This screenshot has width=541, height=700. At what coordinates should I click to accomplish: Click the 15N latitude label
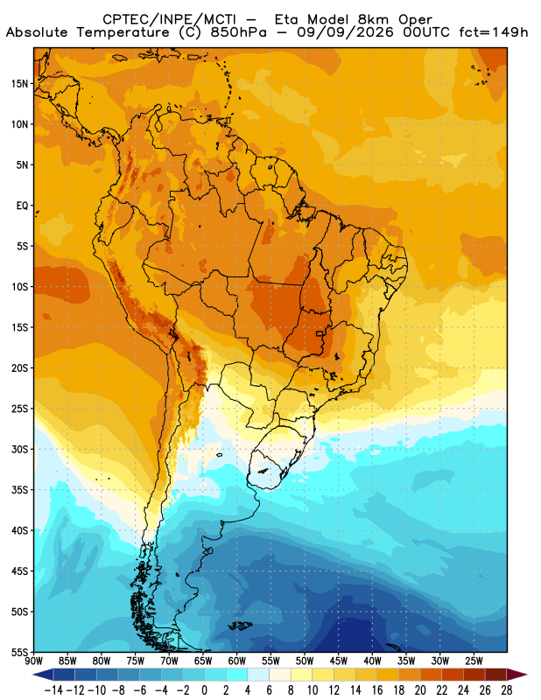19,83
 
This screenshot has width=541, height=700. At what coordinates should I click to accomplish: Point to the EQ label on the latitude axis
23,206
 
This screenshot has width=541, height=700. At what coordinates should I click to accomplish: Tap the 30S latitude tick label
19,449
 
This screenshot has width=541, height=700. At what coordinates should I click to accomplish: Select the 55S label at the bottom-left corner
19,652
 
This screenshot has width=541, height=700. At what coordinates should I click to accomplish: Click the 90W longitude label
33,661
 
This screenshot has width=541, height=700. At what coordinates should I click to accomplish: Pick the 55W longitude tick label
270,661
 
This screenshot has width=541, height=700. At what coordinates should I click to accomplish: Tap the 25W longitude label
474,661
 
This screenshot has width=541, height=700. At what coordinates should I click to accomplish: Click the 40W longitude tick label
372,661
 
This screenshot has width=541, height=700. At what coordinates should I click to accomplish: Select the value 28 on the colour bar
507,690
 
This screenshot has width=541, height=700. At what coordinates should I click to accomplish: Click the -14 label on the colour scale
53,690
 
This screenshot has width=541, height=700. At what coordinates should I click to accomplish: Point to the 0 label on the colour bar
205,690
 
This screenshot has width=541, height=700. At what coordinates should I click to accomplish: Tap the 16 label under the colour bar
377,690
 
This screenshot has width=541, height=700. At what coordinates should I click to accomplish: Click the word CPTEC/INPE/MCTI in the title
169,19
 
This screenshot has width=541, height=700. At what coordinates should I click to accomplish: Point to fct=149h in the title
494,32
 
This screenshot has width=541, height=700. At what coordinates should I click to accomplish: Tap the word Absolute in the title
37,32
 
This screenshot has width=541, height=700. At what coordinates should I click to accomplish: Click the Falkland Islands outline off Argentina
241,626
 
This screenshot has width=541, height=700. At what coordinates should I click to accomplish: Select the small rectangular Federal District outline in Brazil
320,333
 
